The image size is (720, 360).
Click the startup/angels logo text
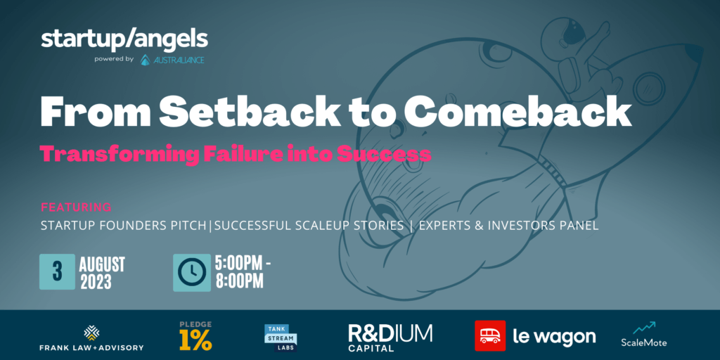124,40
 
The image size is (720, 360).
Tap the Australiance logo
172,60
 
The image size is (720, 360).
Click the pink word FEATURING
76,207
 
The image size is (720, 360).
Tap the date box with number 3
57,272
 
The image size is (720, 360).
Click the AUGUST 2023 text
102,273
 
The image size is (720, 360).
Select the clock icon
191,272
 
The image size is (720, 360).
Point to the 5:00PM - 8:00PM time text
243,272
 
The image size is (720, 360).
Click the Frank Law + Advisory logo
91,338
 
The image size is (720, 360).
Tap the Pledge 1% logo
195,336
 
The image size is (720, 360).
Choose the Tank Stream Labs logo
281,337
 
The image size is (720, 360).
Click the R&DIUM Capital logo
390,337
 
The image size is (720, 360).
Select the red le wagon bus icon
490,335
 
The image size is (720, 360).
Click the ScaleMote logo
643,335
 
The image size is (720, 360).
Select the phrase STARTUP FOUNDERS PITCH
124,226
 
